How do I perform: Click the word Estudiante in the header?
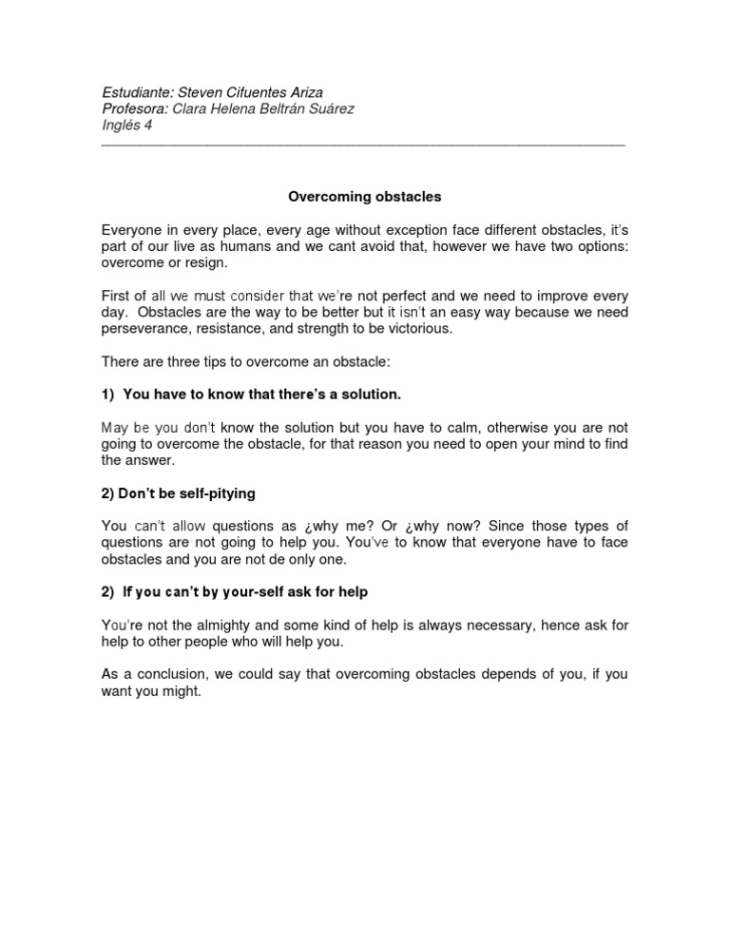pyautogui.click(x=136, y=93)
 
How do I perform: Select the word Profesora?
pyautogui.click(x=133, y=109)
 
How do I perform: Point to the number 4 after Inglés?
pyautogui.click(x=147, y=125)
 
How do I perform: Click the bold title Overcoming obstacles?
pyautogui.click(x=365, y=198)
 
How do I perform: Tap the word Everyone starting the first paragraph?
pyautogui.click(x=134, y=231)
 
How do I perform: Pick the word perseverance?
pyautogui.click(x=144, y=328)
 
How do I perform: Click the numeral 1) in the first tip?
pyautogui.click(x=107, y=395)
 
